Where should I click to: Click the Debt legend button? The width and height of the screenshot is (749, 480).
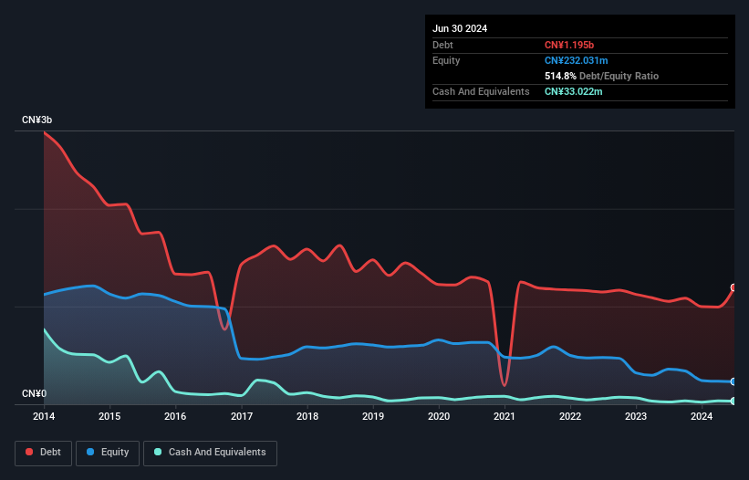click(x=43, y=453)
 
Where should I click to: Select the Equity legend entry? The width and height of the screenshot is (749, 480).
click(x=109, y=453)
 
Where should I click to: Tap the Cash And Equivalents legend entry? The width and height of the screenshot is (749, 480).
click(x=210, y=453)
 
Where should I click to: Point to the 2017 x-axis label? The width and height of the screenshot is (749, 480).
click(x=242, y=417)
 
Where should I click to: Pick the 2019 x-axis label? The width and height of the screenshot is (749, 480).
click(x=373, y=417)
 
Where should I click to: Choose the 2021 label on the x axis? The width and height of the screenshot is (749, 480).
click(x=505, y=417)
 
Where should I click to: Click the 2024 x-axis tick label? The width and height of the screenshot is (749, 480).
click(x=702, y=417)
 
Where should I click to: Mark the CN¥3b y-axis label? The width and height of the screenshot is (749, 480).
click(x=37, y=120)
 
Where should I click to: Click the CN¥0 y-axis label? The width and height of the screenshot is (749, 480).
click(x=34, y=394)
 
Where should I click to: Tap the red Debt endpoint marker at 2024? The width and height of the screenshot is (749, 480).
click(x=733, y=287)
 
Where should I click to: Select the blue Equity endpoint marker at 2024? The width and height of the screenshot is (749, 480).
click(x=733, y=381)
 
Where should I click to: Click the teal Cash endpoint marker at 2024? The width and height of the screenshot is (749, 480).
click(x=733, y=401)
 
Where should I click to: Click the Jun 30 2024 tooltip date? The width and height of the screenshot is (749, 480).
click(x=460, y=28)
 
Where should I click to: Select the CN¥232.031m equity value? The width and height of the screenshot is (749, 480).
click(x=576, y=60)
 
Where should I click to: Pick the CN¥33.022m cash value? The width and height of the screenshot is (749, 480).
click(x=573, y=91)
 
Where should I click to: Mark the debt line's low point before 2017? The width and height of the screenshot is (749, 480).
click(x=224, y=329)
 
